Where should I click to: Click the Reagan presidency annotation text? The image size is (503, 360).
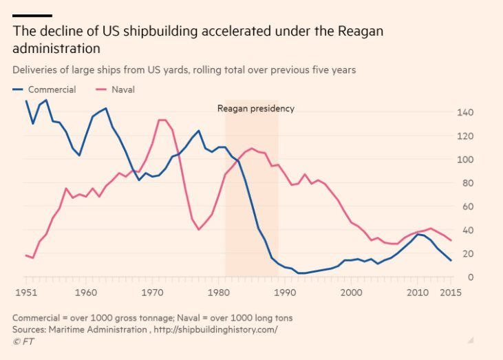click(255, 108)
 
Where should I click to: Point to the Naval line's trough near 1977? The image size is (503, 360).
click(199, 229)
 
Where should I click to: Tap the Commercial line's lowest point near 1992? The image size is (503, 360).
click(300, 273)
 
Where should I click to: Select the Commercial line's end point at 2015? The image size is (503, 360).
click(451, 260)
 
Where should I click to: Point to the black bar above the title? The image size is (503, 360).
click(32, 15)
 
